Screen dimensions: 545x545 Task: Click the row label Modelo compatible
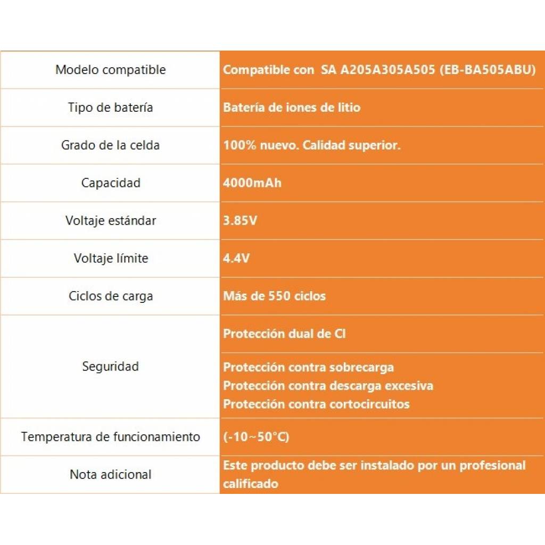coord(110,70)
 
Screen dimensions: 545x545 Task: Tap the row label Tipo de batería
coord(110,108)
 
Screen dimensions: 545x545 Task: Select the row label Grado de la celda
coord(110,145)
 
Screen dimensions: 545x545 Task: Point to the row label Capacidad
coord(110,183)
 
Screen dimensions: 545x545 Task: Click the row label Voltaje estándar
coord(110,221)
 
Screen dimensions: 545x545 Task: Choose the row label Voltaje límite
coord(110,259)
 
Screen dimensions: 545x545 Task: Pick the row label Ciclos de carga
coord(110,296)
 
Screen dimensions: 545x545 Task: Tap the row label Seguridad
coord(110,367)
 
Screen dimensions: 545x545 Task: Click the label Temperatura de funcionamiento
coord(110,437)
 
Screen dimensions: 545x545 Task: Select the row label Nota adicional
coord(110,475)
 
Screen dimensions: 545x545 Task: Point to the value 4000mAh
coord(252,183)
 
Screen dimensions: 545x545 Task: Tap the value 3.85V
coord(240,221)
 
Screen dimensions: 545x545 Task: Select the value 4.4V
coord(236,259)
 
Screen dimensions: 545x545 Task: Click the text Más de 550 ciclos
coord(274,296)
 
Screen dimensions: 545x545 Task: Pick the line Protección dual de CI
coord(284,334)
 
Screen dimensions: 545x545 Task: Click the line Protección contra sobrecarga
coord(308,367)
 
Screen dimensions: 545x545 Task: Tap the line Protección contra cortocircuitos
coord(316,404)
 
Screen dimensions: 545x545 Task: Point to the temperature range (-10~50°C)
coord(256,437)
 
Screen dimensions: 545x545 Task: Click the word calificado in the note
coord(250,484)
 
